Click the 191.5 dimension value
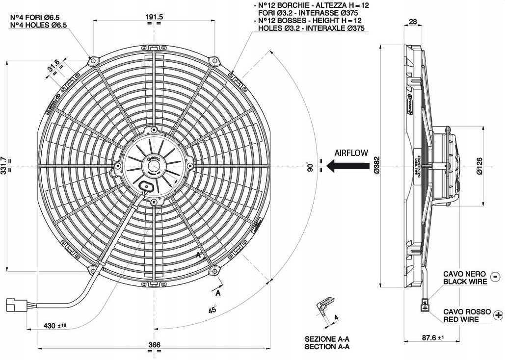pyautogui.click(x=154, y=16)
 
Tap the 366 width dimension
pyautogui.click(x=154, y=345)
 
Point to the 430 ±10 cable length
pyautogui.click(x=55, y=325)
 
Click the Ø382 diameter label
pyautogui.click(x=376, y=166)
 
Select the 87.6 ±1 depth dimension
pyautogui.click(x=432, y=337)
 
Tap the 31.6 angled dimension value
pyautogui.click(x=53, y=65)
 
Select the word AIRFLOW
pyautogui.click(x=351, y=153)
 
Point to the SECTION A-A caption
pyautogui.click(x=327, y=347)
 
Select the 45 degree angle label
pyautogui.click(x=213, y=310)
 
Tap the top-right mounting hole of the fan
pyautogui.click(x=214, y=60)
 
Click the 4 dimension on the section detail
pyautogui.click(x=336, y=317)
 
